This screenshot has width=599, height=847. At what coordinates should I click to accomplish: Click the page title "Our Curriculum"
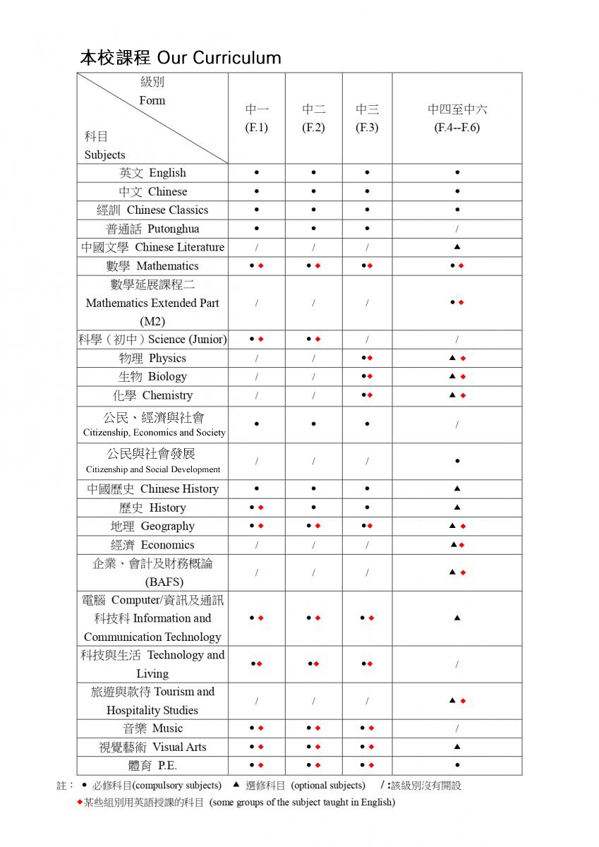pyautogui.click(x=219, y=58)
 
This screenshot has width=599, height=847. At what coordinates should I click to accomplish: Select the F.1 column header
pyautogui.click(x=257, y=119)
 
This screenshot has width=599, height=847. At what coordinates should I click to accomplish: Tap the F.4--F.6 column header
pyautogui.click(x=457, y=119)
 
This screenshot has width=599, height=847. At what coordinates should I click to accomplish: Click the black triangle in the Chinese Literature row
pyautogui.click(x=457, y=247)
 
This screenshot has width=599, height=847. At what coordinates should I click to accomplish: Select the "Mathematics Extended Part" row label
pyautogui.click(x=152, y=303)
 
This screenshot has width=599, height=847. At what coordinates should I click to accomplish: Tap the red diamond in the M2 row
pyautogui.click(x=461, y=303)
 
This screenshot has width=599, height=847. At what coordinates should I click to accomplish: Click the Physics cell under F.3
pyautogui.click(x=367, y=358)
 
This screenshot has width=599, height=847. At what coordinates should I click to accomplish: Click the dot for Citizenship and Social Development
pyautogui.click(x=457, y=461)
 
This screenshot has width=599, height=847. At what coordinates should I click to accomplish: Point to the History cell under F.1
pyautogui.click(x=257, y=507)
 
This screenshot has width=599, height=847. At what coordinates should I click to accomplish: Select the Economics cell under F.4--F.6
pyautogui.click(x=457, y=545)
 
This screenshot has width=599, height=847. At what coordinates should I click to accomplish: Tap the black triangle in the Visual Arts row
pyautogui.click(x=457, y=746)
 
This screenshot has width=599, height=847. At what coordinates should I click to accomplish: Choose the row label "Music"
pyautogui.click(x=152, y=728)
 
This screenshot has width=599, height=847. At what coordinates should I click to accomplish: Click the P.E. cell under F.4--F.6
pyautogui.click(x=457, y=765)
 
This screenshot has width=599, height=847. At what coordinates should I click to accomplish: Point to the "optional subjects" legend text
pyautogui.click(x=328, y=786)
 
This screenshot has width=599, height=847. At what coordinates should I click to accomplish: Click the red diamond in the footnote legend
pyautogui.click(x=79, y=802)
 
